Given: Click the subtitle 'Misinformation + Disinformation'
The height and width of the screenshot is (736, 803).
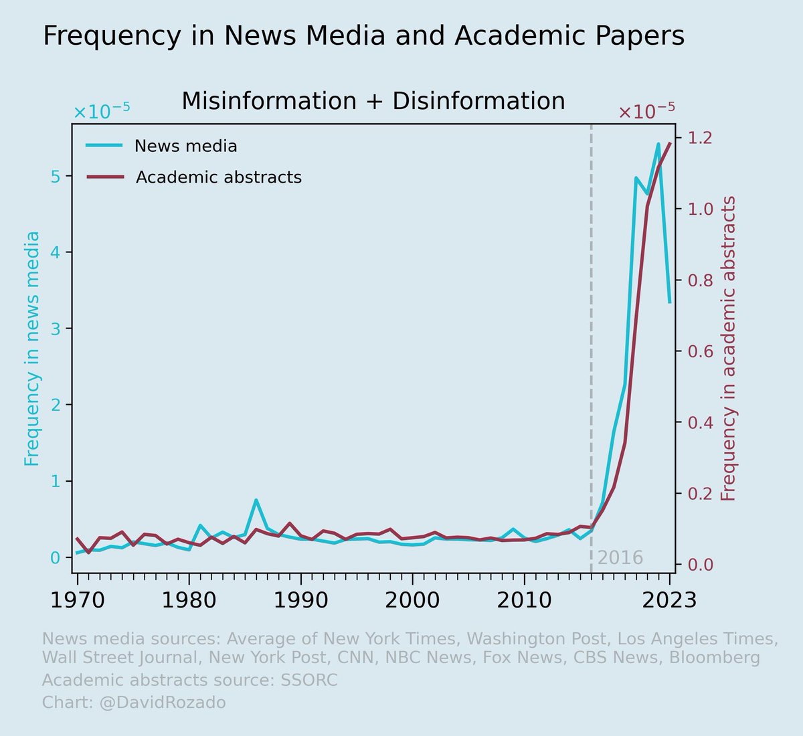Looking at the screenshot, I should click(373, 101).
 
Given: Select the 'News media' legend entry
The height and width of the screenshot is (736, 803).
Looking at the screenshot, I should click(185, 146).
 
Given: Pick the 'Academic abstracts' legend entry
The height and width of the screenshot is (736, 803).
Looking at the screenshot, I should click(218, 177).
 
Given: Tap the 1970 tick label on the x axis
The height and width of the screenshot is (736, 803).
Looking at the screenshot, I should click(77, 600).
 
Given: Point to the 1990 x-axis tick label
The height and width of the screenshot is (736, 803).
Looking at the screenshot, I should click(300, 600).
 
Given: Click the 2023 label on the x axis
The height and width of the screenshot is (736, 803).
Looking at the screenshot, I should click(669, 600).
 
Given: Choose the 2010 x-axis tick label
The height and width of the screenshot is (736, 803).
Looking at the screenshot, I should click(524, 600).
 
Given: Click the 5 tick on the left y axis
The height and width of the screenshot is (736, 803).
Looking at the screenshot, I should click(56, 176).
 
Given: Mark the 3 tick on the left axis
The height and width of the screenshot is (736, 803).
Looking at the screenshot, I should click(56, 329).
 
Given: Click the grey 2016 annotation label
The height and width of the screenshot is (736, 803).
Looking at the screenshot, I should click(620, 558).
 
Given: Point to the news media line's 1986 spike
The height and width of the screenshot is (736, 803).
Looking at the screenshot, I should click(256, 500).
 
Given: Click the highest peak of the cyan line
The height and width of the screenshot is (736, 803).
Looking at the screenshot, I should click(658, 144).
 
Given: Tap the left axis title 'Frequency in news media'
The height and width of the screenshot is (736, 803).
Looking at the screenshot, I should click(32, 349).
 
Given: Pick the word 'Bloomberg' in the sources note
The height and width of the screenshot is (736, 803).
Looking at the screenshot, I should click(715, 658).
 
